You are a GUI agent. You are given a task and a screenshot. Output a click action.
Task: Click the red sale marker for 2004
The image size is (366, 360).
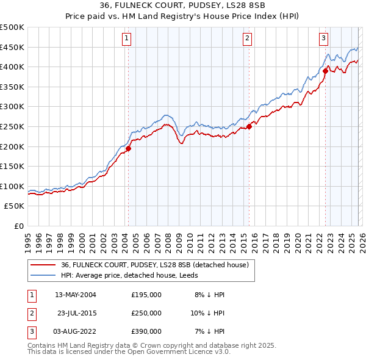128,148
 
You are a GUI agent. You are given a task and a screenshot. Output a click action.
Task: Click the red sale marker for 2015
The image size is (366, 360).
249,127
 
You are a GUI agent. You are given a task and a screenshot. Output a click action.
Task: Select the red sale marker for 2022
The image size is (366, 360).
325,71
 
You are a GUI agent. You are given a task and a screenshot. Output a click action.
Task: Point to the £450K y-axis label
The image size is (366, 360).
12,47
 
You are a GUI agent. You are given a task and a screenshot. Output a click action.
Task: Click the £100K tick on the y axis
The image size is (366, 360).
12,186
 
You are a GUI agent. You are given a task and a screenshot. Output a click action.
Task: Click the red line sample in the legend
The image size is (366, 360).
43,265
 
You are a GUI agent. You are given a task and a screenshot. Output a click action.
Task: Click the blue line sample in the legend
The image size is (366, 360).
43,275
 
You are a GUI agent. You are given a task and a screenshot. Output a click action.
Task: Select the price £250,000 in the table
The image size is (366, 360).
146,313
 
